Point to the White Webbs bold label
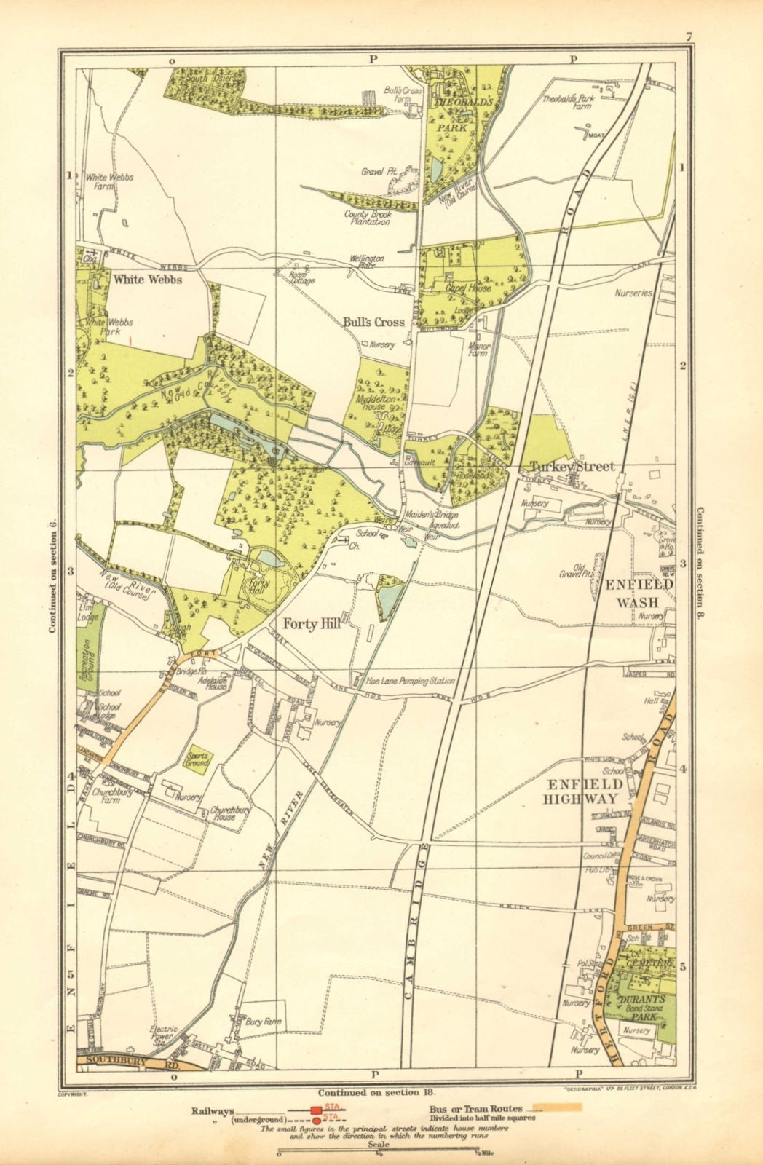click(147, 279)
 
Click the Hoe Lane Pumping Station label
click(405, 682)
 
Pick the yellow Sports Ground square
click(197, 760)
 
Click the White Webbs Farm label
click(109, 181)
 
